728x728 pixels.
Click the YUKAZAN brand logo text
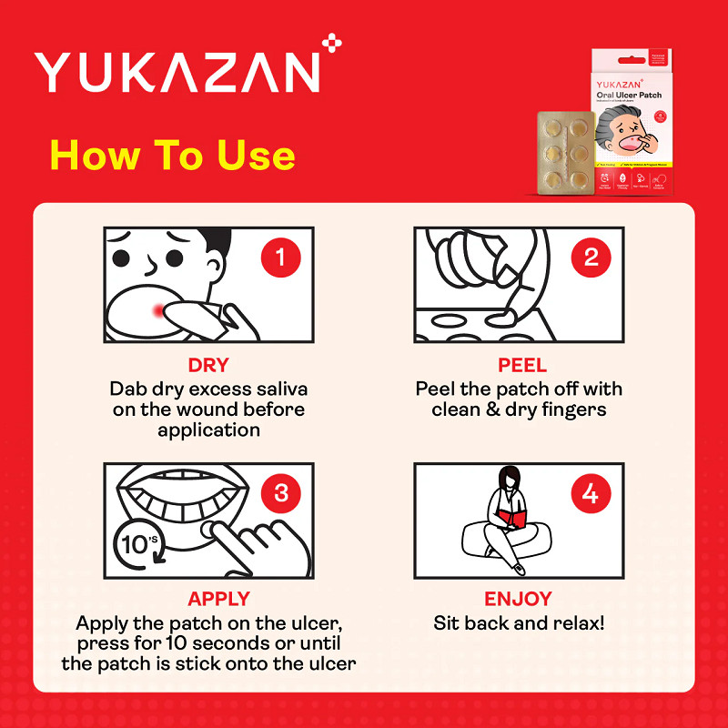[x=177, y=71]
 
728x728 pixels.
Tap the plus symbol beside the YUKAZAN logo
[x=333, y=42]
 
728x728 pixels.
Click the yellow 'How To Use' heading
[x=173, y=155]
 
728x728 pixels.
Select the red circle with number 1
[x=280, y=258]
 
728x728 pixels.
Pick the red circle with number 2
[x=591, y=258]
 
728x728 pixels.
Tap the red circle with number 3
[x=280, y=493]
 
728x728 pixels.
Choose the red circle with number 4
[x=591, y=493]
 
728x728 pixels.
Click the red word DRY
[x=208, y=366]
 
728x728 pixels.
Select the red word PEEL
[x=522, y=366]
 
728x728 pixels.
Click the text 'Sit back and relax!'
[x=519, y=623]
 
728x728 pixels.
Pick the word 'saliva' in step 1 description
[x=279, y=389]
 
